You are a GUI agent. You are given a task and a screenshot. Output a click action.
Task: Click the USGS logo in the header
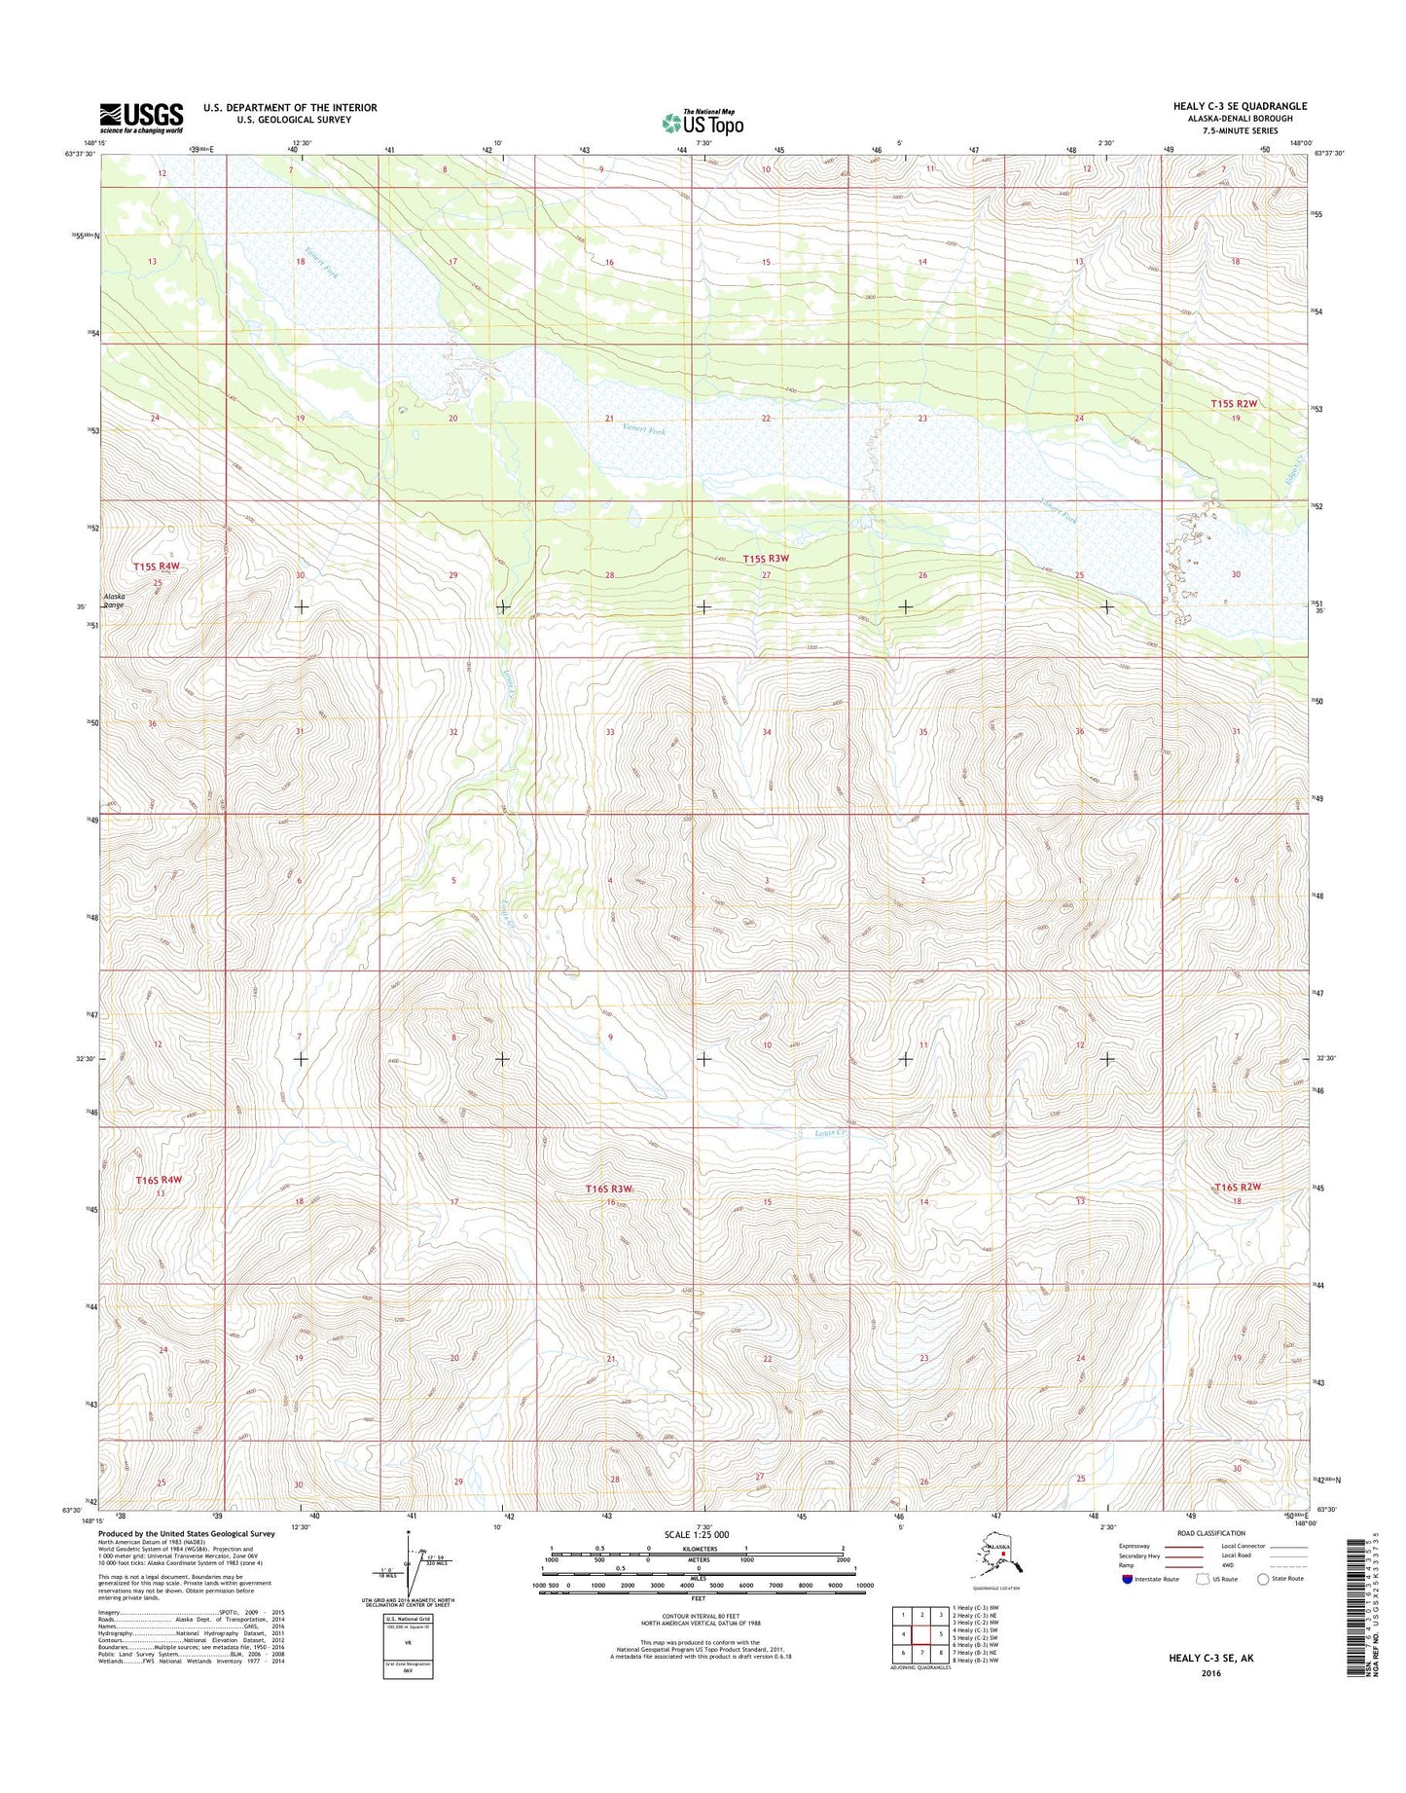140,118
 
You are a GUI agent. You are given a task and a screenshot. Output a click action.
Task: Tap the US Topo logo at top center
703,122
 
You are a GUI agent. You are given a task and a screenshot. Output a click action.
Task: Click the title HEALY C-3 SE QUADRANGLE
1238,106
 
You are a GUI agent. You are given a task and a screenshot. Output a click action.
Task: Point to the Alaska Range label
115,601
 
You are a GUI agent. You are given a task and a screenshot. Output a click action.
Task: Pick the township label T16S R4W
159,1180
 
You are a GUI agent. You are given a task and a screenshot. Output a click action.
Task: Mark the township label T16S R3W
608,1189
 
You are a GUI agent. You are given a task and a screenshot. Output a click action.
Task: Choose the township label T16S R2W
1238,1187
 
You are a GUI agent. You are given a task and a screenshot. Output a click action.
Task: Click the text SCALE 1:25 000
698,1534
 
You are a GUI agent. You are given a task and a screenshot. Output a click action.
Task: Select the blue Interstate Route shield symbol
1127,1579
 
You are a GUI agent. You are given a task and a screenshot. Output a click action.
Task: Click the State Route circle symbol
1263,1579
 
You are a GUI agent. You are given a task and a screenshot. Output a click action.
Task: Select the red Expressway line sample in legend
1181,1546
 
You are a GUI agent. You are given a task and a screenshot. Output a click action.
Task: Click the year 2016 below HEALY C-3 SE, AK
1210,1673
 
